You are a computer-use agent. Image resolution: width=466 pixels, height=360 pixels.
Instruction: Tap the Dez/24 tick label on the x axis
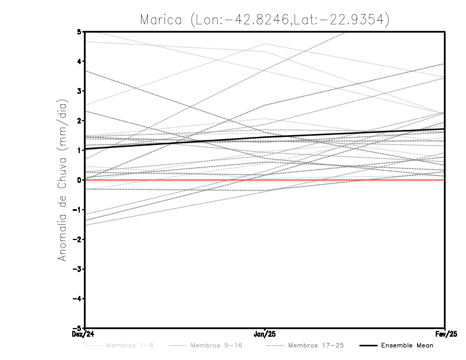pyautogui.click(x=85, y=334)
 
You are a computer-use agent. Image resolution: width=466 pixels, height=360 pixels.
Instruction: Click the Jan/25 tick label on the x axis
pyautogui.click(x=265, y=334)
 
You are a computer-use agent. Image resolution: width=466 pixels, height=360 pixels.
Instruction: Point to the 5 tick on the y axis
pyautogui.click(x=79, y=31)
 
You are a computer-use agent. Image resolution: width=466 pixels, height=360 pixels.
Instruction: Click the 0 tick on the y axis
pyautogui.click(x=79, y=180)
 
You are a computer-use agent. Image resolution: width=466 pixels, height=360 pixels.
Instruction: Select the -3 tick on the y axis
pyautogui.click(x=77, y=269)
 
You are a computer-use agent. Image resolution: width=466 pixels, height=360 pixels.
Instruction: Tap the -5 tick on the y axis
pyautogui.click(x=77, y=327)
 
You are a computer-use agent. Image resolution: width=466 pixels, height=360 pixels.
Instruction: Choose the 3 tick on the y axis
pyautogui.click(x=79, y=91)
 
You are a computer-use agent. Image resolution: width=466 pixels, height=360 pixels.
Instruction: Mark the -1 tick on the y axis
pyautogui.click(x=77, y=210)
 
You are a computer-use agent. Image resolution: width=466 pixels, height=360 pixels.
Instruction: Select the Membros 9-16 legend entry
pyautogui.click(x=216, y=345)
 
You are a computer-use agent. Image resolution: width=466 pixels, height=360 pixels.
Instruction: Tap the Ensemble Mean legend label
pyautogui.click(x=407, y=345)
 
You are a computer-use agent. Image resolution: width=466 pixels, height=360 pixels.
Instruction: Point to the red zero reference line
pyautogui.click(x=175, y=180)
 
